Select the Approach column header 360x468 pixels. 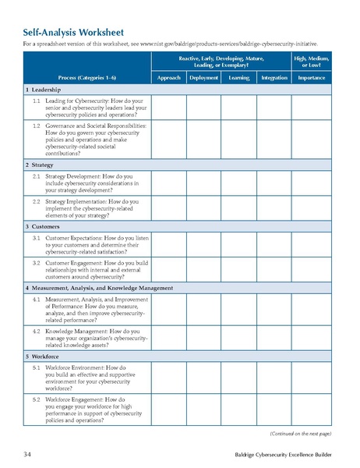[x=168, y=78]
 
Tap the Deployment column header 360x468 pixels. [x=203, y=78]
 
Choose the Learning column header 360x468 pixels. [x=239, y=78]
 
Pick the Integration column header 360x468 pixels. [x=274, y=78]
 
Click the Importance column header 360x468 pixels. [x=311, y=78]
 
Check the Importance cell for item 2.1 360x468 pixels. [x=311, y=183]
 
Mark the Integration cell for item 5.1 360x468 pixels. [x=274, y=376]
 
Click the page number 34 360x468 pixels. [x=27, y=453]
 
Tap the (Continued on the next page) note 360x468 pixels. [x=300, y=432]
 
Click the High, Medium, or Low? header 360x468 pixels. [x=311, y=60]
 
